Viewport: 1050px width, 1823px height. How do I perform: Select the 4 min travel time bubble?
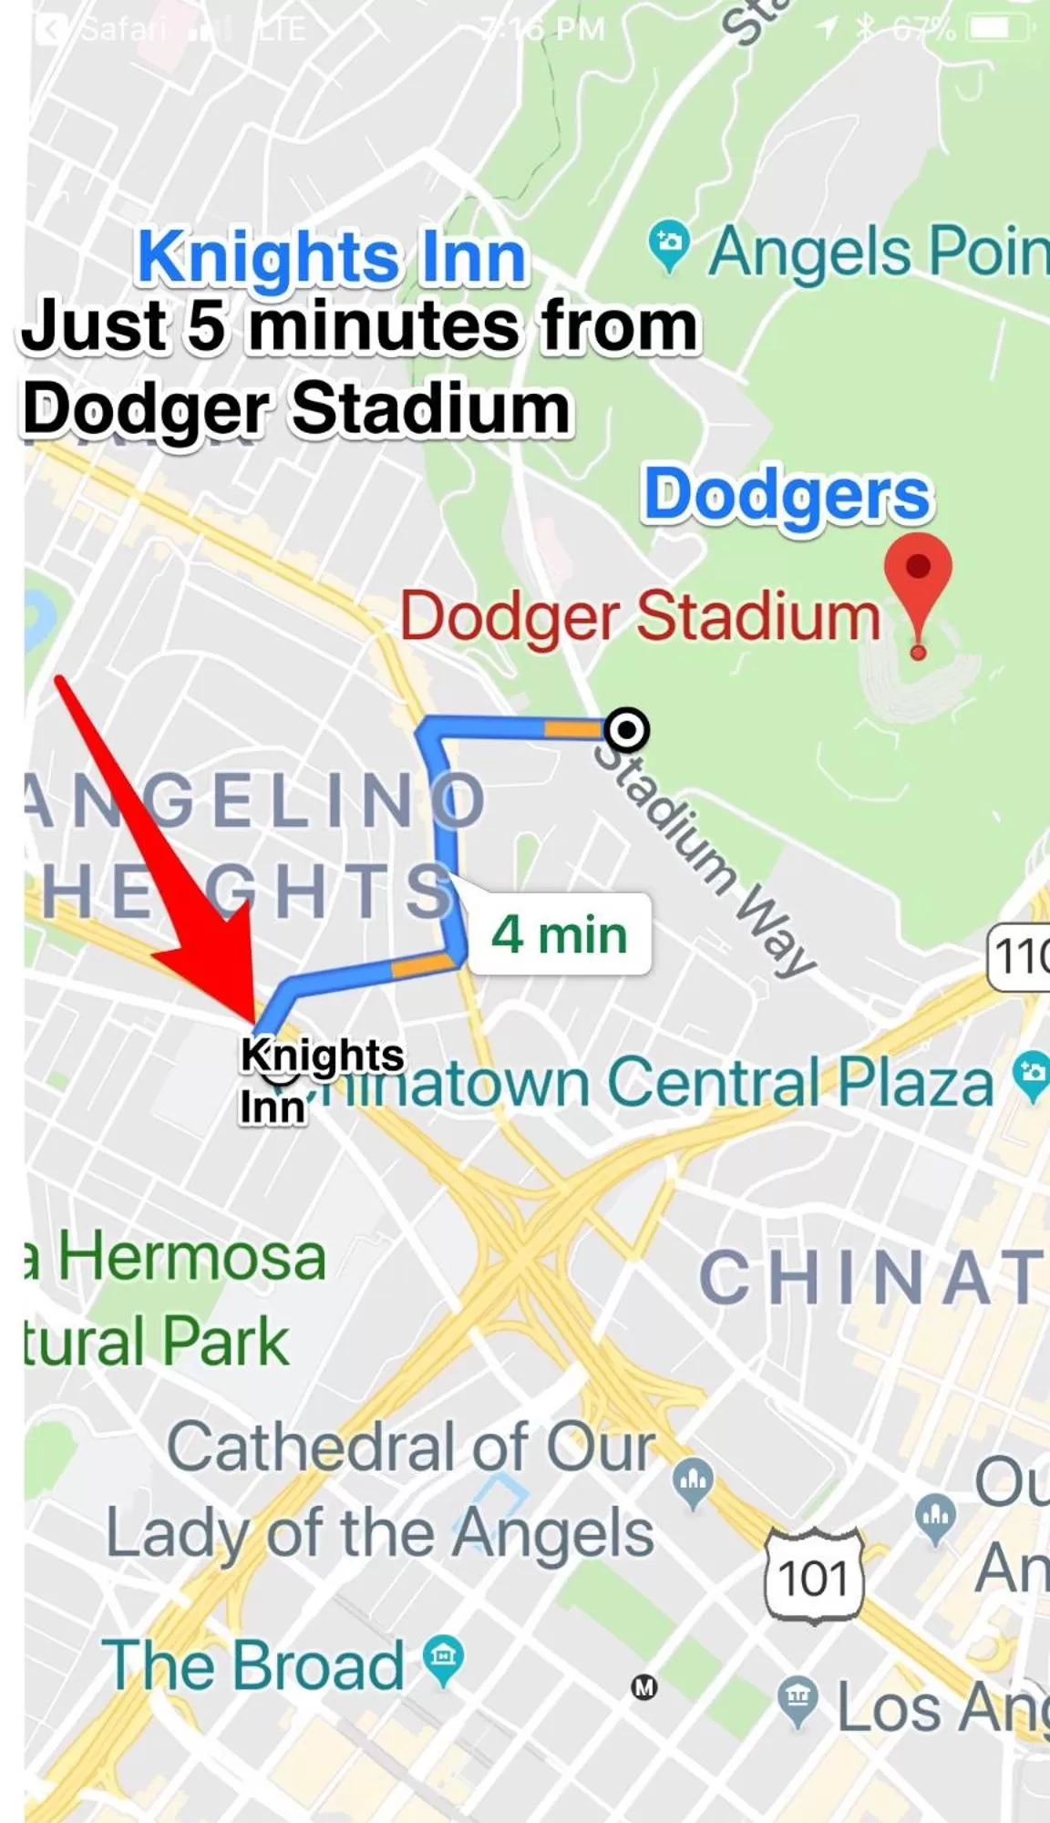tap(559, 935)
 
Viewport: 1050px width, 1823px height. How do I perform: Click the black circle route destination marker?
tap(627, 729)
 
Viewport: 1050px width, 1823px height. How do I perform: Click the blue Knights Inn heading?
tap(332, 258)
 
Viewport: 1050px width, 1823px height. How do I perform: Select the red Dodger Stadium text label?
tap(640, 617)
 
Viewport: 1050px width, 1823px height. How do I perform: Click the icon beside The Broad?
tap(443, 1662)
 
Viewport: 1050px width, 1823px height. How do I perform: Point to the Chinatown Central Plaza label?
tap(656, 1083)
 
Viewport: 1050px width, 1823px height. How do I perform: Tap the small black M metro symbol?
tap(644, 1688)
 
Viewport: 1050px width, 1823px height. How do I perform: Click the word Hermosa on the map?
tap(191, 1258)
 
